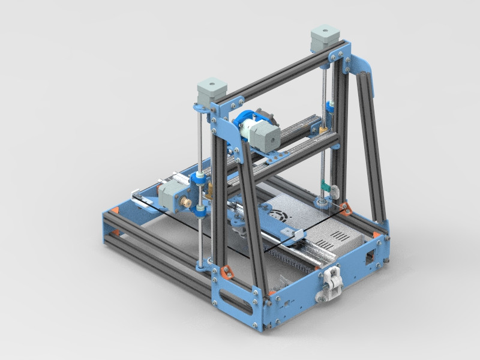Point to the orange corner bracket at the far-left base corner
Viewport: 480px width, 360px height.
coord(113,211)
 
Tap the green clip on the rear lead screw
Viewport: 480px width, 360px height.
coord(324,187)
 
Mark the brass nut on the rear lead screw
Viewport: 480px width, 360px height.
coord(323,130)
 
